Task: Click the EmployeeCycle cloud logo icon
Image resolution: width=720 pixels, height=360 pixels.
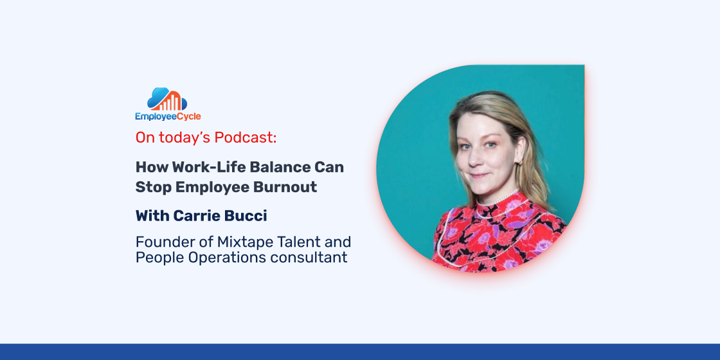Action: [167, 99]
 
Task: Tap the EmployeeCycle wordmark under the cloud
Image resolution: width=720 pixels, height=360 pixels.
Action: [168, 116]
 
